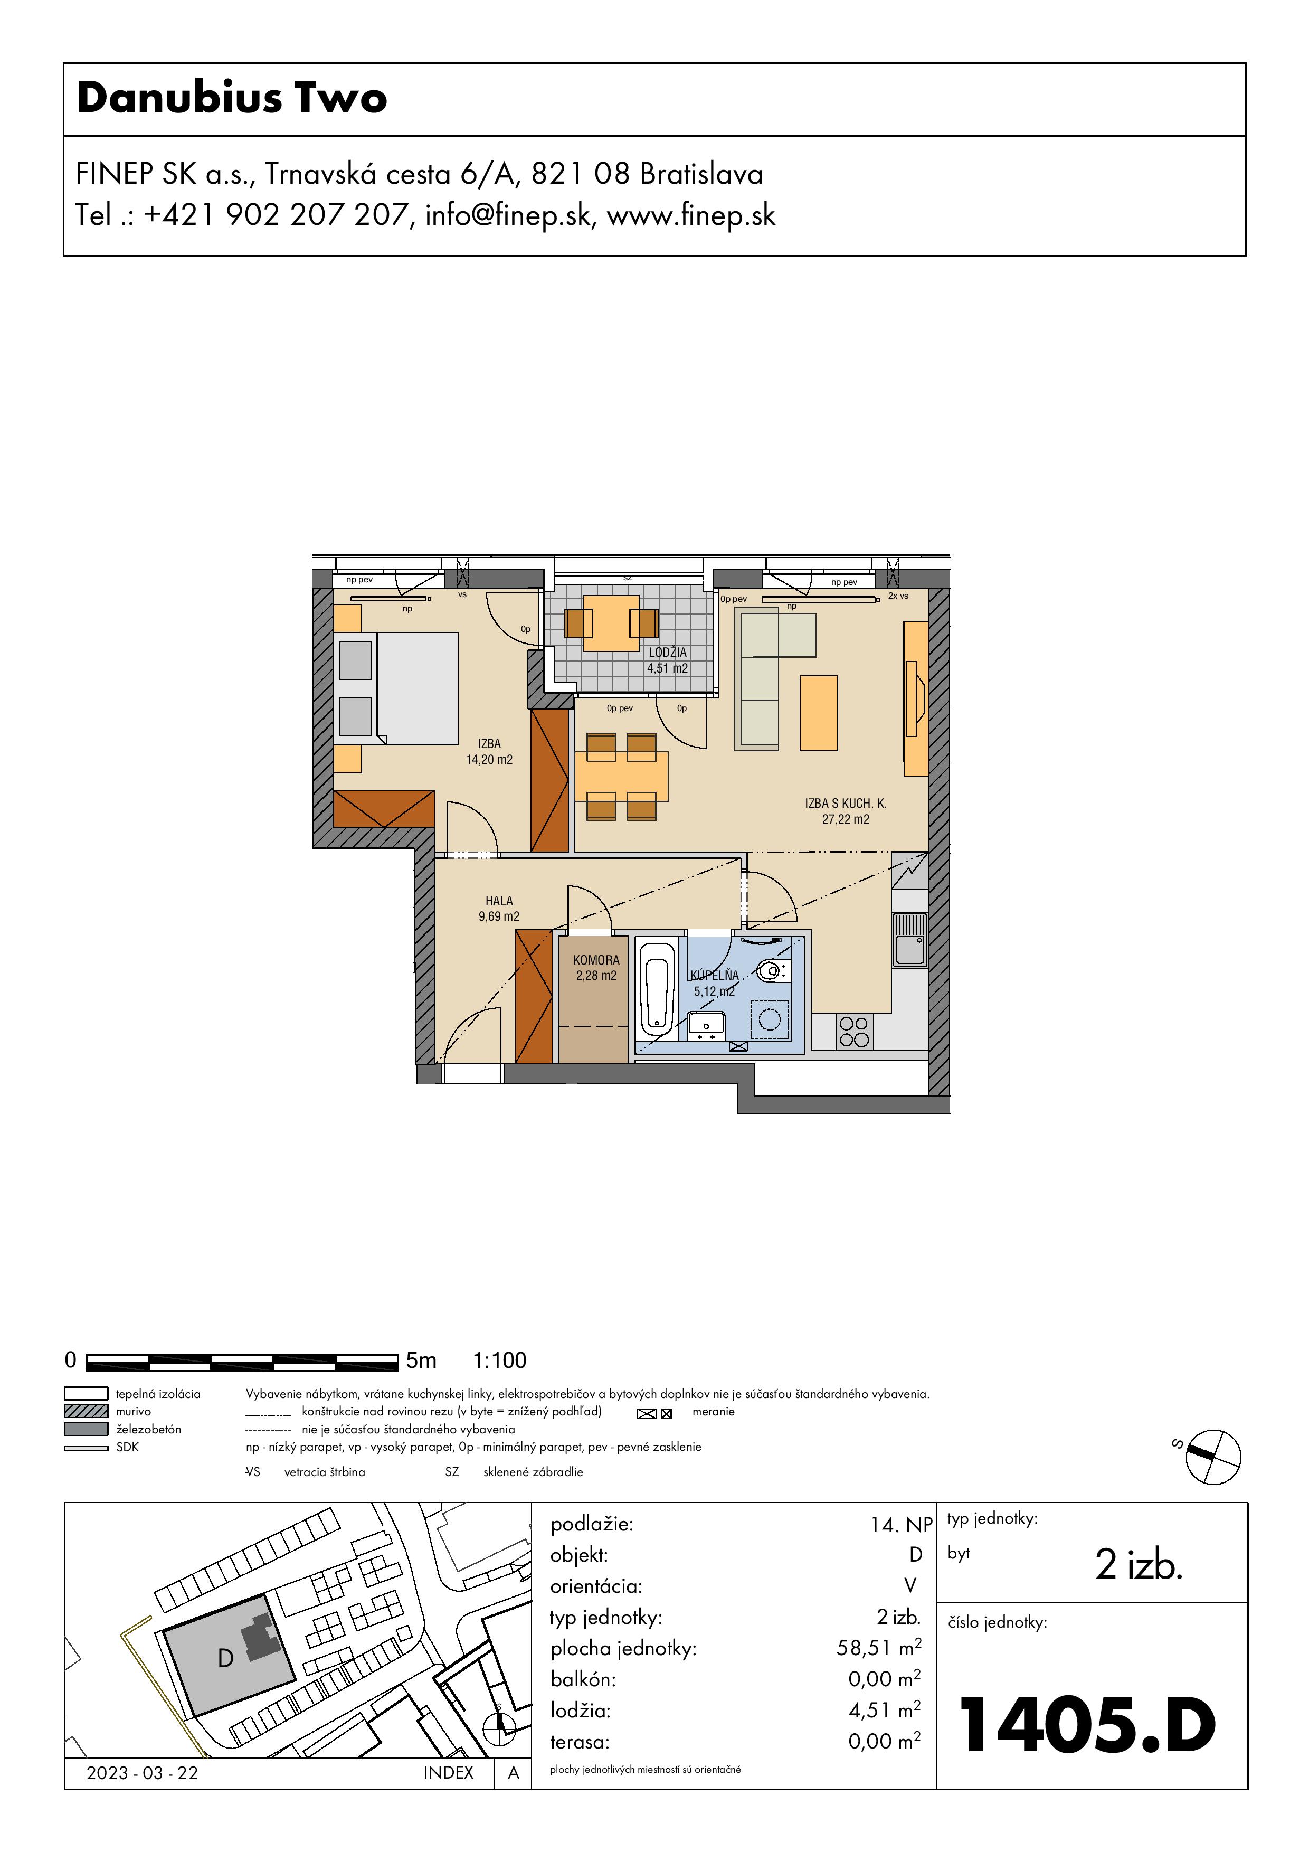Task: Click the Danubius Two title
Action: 232,98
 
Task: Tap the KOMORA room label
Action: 596,960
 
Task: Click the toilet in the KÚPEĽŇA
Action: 773,970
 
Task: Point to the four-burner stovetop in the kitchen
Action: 853,1032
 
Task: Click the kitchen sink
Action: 910,941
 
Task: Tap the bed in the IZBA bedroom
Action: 397,688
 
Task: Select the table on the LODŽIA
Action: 611,623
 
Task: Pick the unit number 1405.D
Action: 1088,1725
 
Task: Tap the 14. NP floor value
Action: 901,1525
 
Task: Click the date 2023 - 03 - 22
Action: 142,1773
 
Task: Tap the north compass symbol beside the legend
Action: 1213,1457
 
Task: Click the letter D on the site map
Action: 226,1658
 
